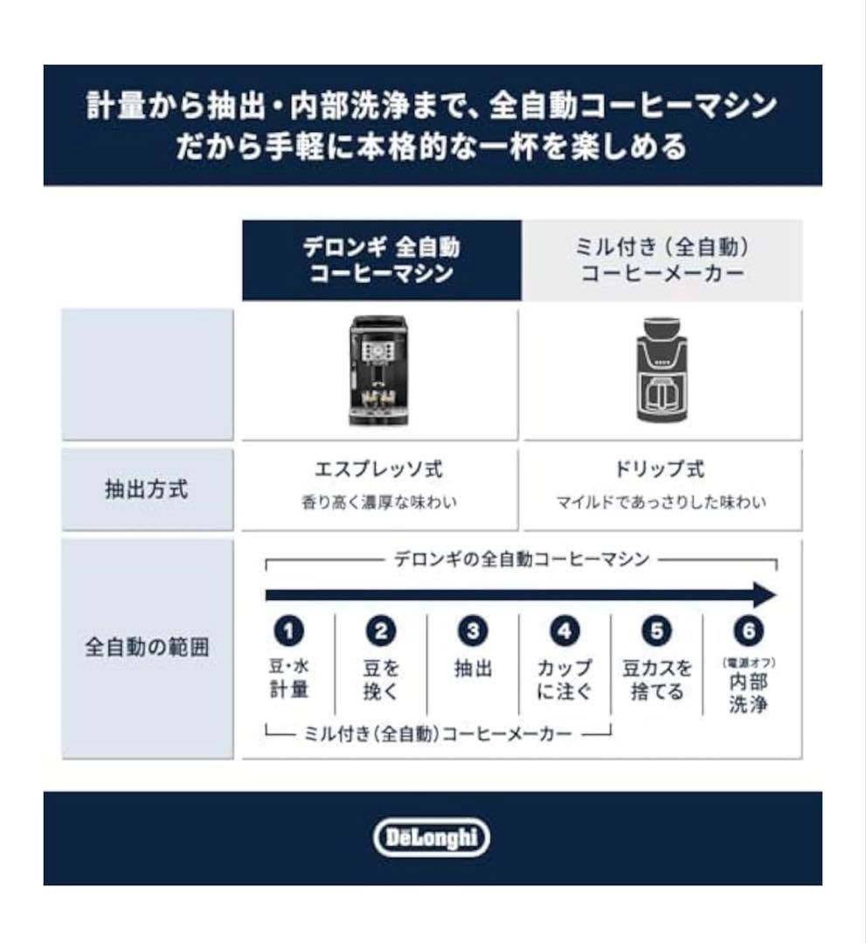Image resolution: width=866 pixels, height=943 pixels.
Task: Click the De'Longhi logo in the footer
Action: pos(432,838)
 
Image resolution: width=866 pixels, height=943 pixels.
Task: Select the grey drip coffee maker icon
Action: pos(662,370)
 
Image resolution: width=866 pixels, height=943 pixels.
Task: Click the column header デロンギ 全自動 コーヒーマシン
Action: pos(381,260)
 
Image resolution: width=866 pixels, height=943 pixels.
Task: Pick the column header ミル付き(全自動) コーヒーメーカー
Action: pos(662,260)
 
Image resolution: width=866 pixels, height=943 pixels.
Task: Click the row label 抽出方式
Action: pos(147,490)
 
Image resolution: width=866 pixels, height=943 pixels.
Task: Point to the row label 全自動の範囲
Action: pos(147,649)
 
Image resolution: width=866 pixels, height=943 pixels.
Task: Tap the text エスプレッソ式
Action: pos(378,470)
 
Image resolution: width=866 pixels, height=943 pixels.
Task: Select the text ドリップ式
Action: pos(661,470)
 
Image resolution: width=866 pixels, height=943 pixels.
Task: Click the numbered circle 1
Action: pos(288,630)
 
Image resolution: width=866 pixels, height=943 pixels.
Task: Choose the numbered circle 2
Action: pos(381,630)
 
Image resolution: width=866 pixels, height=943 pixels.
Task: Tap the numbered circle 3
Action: pos(473,630)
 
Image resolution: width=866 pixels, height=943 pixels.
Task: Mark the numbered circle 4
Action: pos(565,630)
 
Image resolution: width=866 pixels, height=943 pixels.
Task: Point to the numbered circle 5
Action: pos(656,630)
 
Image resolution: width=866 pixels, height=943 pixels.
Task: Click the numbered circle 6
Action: pos(748,630)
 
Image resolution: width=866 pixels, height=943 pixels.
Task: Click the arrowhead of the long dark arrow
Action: pos(765,595)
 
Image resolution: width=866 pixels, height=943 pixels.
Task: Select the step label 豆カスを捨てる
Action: pos(656,680)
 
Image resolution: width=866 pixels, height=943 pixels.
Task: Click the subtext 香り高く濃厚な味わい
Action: pos(378,503)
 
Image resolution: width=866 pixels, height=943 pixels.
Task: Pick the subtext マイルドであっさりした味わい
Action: pos(661,503)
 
